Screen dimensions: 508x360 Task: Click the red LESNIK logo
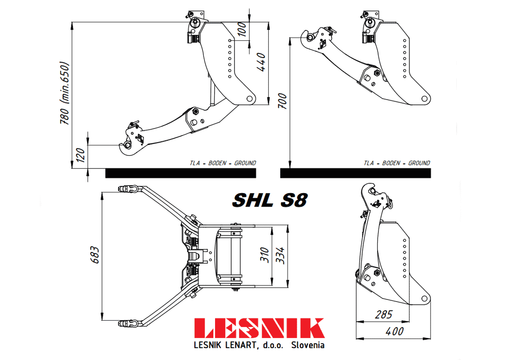pyautogui.click(x=260, y=328)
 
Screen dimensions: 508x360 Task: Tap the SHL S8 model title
pyautogui.click(x=270, y=200)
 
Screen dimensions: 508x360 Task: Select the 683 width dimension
pyautogui.click(x=95, y=255)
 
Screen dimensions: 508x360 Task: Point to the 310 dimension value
pyautogui.click(x=265, y=255)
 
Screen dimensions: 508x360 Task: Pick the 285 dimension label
pyautogui.click(x=384, y=315)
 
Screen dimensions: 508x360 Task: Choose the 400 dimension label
pyautogui.click(x=395, y=332)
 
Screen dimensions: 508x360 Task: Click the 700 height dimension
pyautogui.click(x=282, y=101)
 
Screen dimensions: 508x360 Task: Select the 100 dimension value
pyautogui.click(x=242, y=29)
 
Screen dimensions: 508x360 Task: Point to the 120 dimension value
pyautogui.click(x=80, y=155)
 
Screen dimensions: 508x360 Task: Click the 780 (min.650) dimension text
pyautogui.click(x=64, y=93)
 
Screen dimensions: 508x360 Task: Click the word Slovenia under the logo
pyautogui.click(x=308, y=345)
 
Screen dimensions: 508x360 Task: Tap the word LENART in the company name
pyautogui.click(x=242, y=345)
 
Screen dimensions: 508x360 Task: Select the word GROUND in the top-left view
pyautogui.click(x=245, y=163)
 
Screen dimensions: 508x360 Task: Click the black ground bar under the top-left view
pyautogui.click(x=181, y=173)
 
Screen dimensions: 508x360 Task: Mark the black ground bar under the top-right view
pyautogui.click(x=356, y=173)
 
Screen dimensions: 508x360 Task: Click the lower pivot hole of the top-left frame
pyautogui.click(x=249, y=99)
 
